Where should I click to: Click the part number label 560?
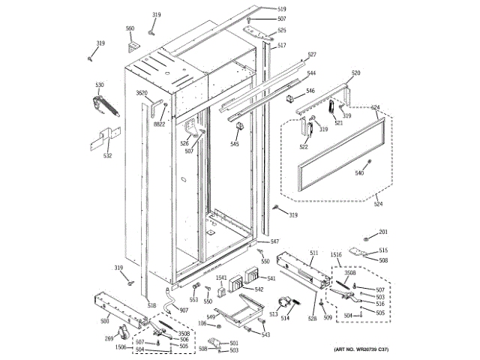[130, 28]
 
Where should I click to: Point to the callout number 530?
[99, 85]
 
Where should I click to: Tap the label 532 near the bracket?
[108, 156]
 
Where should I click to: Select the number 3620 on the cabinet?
[142, 93]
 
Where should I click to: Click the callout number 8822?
[160, 124]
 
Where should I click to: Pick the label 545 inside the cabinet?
[235, 144]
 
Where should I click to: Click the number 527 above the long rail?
[312, 55]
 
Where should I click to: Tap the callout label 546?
[310, 91]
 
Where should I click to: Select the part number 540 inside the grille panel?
[359, 174]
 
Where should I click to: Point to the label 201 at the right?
[383, 231]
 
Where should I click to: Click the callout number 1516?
[335, 255]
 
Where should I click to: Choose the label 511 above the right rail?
[313, 253]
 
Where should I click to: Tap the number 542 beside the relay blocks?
[259, 289]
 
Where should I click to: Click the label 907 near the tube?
[184, 310]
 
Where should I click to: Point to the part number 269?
[109, 338]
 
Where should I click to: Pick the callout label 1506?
[121, 347]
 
